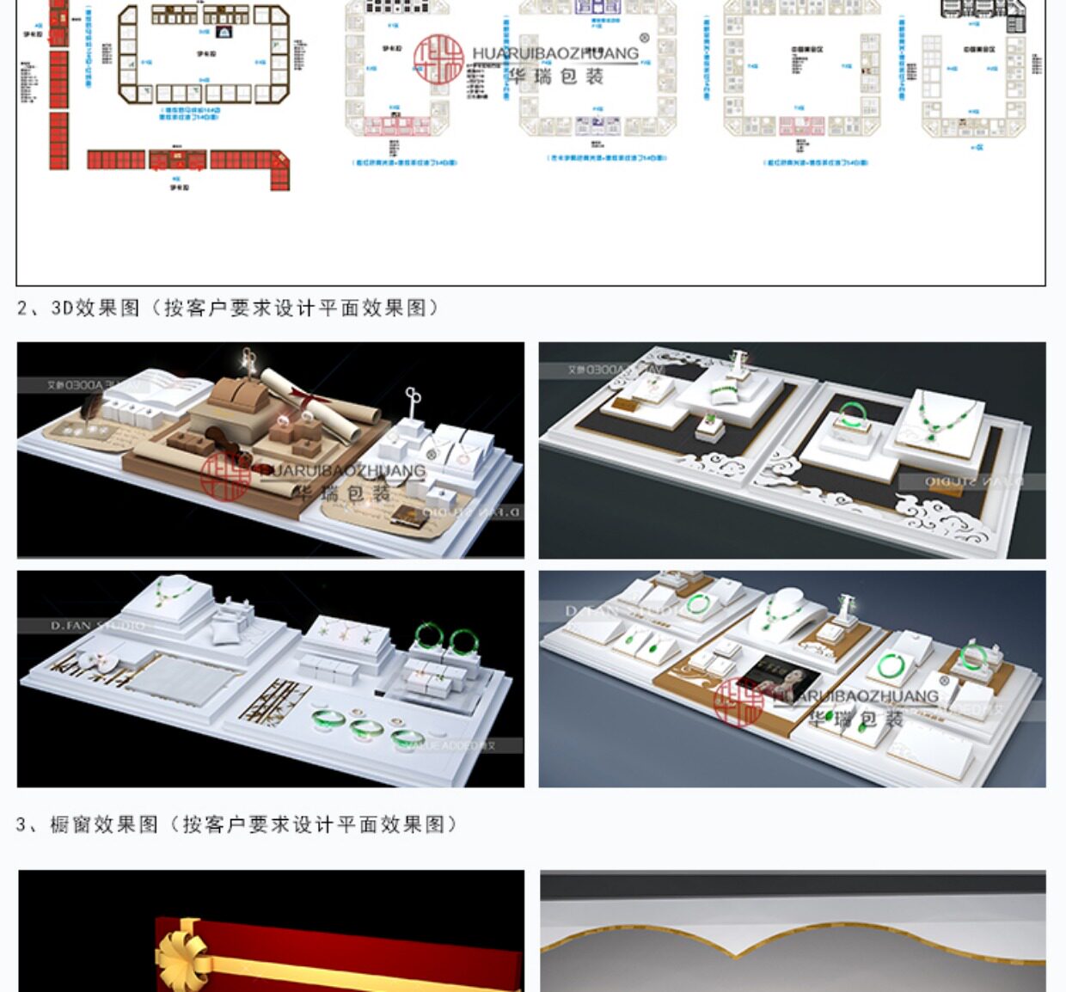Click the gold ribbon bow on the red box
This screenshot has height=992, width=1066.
click(x=182, y=952)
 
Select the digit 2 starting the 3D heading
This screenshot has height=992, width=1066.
click(x=22, y=308)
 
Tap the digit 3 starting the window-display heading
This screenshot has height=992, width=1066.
click(x=21, y=824)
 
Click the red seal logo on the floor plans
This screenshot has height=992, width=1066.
click(x=438, y=58)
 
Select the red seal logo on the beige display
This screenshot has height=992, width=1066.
click(x=225, y=475)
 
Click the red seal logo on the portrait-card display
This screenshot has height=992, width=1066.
click(x=738, y=701)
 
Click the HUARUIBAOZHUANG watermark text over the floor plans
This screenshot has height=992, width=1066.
click(x=555, y=53)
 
